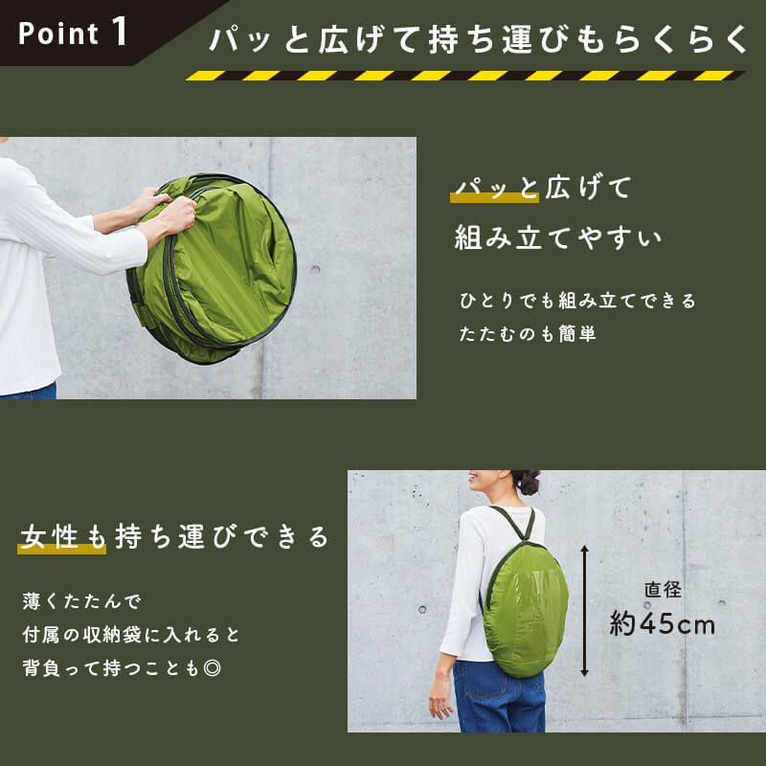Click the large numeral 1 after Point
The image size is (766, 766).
pyautogui.click(x=120, y=31)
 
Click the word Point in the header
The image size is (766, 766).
pyautogui.click(x=58, y=34)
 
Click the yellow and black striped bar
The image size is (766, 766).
pyautogui.click(x=464, y=76)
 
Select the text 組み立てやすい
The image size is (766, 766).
pyautogui.click(x=558, y=237)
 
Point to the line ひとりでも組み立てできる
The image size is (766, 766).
pyautogui.click(x=578, y=301)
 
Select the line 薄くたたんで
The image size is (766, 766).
pyautogui.click(x=81, y=602)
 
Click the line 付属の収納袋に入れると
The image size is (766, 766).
pyautogui.click(x=131, y=635)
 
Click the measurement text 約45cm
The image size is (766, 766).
pyautogui.click(x=663, y=624)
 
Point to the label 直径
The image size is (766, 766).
pyautogui.click(x=663, y=590)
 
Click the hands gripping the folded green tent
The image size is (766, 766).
pyautogui.click(x=163, y=213)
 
